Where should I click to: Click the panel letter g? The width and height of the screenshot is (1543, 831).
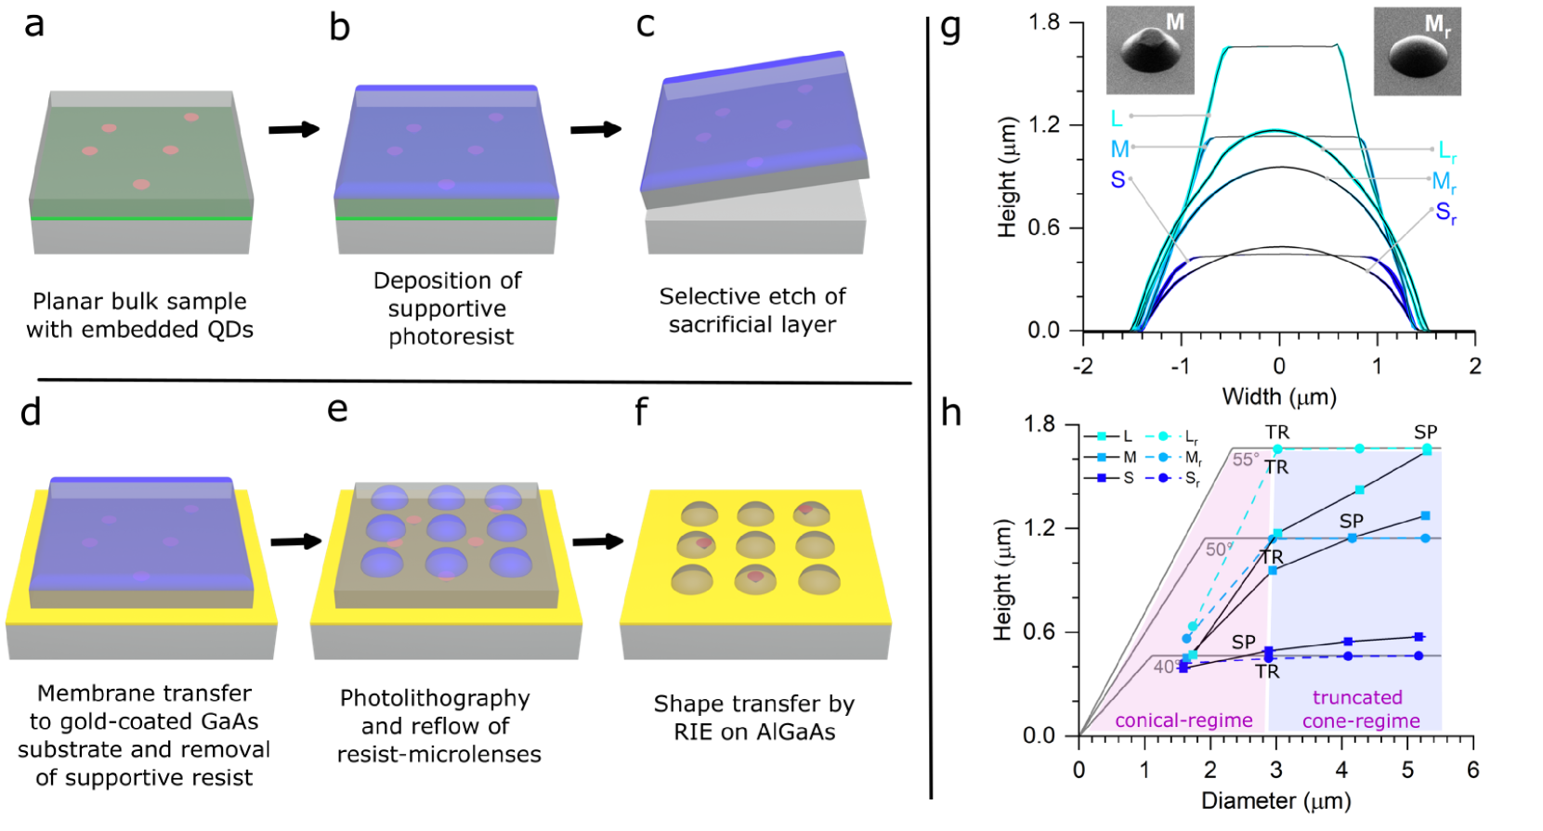[x=949, y=29]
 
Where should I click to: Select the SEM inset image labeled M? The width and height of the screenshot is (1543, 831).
[x=1149, y=50]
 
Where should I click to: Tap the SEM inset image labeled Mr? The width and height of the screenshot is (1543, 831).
[x=1417, y=51]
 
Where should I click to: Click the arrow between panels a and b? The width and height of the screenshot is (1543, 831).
[x=294, y=129]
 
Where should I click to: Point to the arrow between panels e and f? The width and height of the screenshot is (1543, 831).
[x=597, y=541]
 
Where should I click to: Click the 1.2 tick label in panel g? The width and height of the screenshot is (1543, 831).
[x=1043, y=124]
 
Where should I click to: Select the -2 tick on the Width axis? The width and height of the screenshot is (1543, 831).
[x=1083, y=366]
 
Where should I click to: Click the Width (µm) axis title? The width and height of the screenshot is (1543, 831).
[x=1278, y=397]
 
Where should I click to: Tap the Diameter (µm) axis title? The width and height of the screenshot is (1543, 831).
[x=1275, y=800]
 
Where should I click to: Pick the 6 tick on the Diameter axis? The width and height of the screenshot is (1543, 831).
[x=1473, y=770]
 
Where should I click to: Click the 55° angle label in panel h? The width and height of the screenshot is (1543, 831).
[x=1246, y=460]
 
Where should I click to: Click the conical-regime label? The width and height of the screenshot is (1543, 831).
[x=1183, y=721]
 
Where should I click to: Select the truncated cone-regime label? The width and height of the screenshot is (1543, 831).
[x=1360, y=709]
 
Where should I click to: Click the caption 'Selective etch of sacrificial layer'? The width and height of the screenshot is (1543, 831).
[x=752, y=310]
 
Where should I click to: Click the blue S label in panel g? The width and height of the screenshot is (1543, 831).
[x=1118, y=179]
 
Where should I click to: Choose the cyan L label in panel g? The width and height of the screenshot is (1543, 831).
[x=1117, y=118]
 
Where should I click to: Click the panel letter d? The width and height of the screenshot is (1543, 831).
[x=31, y=412]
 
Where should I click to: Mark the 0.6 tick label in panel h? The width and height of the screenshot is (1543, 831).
[x=1040, y=631]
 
